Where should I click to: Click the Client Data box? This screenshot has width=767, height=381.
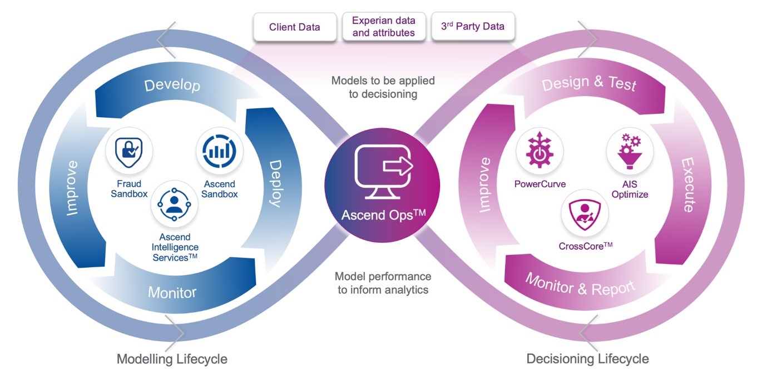pyautogui.click(x=294, y=27)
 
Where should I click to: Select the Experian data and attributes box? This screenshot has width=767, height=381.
pyautogui.click(x=383, y=27)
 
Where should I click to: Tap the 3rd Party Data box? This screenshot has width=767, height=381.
pyautogui.click(x=473, y=27)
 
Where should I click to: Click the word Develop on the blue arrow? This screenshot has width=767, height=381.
pyautogui.click(x=172, y=86)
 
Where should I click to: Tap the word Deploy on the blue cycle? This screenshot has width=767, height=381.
pyautogui.click(x=276, y=183)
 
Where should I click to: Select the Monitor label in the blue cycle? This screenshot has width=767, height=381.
pyautogui.click(x=172, y=292)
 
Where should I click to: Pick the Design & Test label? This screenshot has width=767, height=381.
pyautogui.click(x=589, y=84)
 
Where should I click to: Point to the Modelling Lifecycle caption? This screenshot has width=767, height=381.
pyautogui.click(x=172, y=359)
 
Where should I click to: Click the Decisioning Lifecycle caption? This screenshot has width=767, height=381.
pyautogui.click(x=587, y=359)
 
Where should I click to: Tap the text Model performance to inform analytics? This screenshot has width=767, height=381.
pyautogui.click(x=383, y=283)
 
